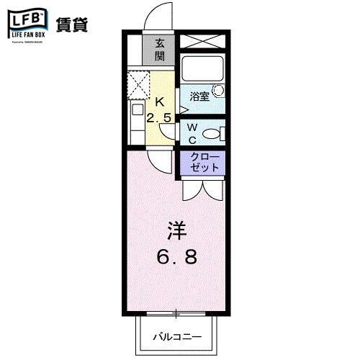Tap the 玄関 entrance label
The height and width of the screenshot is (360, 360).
point(160,50)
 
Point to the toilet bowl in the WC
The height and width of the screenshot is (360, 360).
point(211,133)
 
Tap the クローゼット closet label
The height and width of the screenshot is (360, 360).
point(207,163)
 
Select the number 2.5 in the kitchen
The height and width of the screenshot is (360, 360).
point(159,117)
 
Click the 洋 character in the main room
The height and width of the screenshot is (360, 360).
point(176,230)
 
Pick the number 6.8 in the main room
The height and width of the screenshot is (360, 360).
point(176,256)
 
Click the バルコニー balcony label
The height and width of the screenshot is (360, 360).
point(176,336)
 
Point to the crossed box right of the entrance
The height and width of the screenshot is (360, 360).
point(202,42)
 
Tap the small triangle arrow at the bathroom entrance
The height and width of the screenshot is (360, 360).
point(184,109)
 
